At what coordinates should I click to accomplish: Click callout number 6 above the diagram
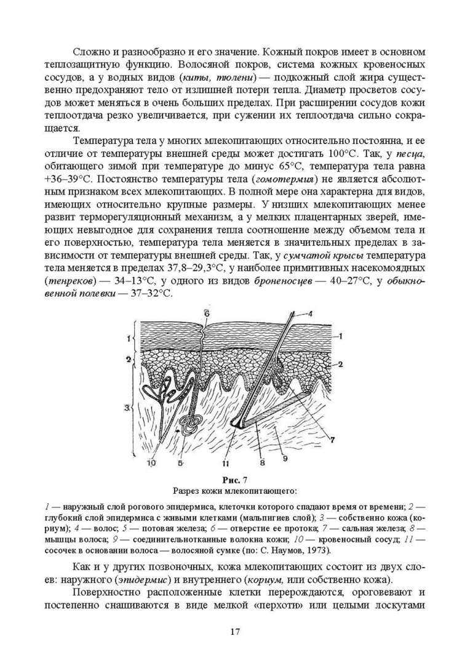tap(207, 313)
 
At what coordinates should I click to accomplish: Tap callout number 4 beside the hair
tap(311, 314)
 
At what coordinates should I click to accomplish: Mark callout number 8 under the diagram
tap(261, 461)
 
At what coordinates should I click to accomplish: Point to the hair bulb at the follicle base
tap(236, 425)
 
